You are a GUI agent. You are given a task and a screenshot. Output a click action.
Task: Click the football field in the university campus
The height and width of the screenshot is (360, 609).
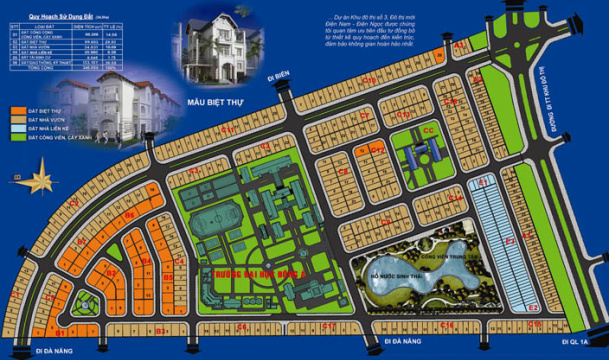point(209,218)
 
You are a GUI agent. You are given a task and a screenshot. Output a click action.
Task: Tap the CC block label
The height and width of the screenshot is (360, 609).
point(428,131)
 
